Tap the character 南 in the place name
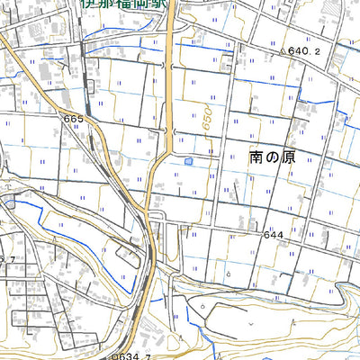point(256,157)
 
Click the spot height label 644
point(274,235)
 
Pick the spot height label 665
point(73,119)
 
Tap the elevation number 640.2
point(304,52)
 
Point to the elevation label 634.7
point(131,355)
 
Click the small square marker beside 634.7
point(114,355)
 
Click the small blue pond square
point(188,161)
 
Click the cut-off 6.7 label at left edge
point(8,258)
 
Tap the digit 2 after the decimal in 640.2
point(317,52)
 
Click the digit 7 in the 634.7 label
point(145,355)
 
